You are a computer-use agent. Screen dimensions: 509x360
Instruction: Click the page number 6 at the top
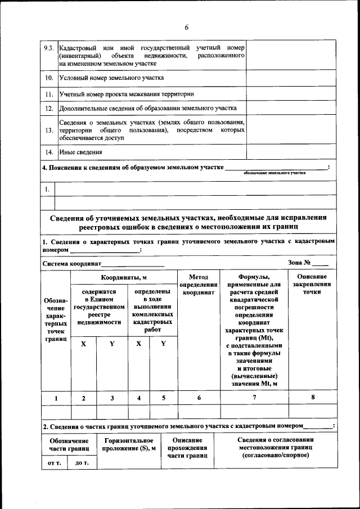pos(186,28)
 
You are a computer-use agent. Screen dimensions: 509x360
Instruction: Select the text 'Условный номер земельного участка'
pos(111,77)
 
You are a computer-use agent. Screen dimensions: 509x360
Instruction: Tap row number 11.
pos(49,94)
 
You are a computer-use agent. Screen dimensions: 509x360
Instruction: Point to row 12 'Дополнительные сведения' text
pos(147,108)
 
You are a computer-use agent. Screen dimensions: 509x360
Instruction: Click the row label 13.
pos(49,130)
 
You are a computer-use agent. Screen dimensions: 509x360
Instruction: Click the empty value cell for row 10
pos(291,77)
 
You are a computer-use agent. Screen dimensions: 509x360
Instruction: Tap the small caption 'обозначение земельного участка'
pos(274,173)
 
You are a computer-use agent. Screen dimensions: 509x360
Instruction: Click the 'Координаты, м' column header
pos(124,278)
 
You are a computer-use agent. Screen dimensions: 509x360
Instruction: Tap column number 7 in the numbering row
pos(254,398)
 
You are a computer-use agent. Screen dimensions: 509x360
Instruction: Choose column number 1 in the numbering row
pos(56,398)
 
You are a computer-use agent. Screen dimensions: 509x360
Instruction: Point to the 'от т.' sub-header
pos(55,463)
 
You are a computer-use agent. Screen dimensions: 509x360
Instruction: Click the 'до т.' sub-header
pos(82,463)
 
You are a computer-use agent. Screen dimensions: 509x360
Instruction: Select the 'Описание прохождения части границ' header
pos(188,447)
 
